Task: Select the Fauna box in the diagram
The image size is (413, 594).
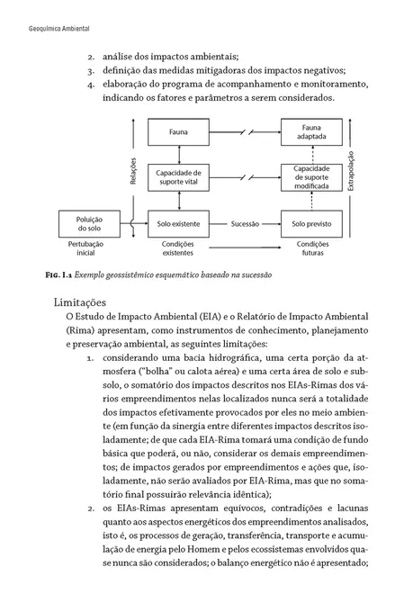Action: (178, 132)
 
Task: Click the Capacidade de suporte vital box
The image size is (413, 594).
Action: (178, 176)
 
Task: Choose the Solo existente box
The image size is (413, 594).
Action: (178, 222)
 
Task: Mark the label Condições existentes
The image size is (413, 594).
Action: (178, 247)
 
